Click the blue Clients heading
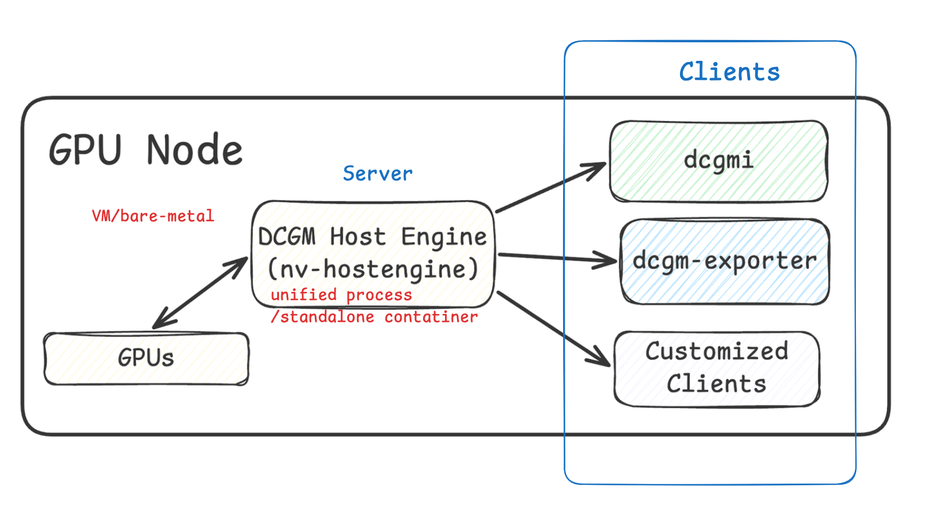tap(729, 72)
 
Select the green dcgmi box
tap(718, 161)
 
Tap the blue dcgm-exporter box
tap(724, 261)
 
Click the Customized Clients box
tap(716, 368)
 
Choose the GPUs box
tap(146, 358)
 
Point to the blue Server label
tap(377, 174)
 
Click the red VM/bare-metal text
tap(153, 216)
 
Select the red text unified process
tap(341, 295)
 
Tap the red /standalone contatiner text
tap(374, 317)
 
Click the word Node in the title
tap(194, 151)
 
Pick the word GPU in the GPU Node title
tap(86, 151)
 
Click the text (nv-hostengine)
tap(373, 269)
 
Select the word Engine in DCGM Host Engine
tap(444, 237)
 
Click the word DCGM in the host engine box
tap(287, 237)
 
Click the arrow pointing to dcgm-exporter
tap(556, 257)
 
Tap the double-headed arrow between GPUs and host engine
tap(200, 294)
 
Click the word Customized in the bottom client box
tap(716, 352)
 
